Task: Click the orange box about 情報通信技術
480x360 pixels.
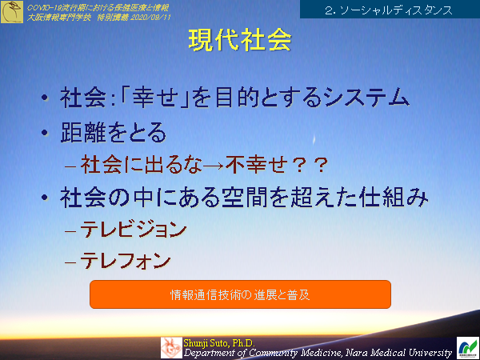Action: (240, 294)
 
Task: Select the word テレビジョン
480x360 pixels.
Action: (134, 230)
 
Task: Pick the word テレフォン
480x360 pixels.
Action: (126, 260)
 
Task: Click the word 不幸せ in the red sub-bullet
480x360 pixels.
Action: (254, 164)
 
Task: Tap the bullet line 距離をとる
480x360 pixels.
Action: (114, 131)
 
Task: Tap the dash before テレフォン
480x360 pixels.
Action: (70, 261)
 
